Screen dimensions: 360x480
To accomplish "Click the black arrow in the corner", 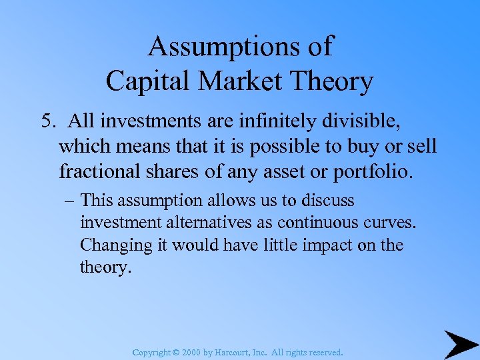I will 460,344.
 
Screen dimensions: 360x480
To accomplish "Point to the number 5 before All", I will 46,121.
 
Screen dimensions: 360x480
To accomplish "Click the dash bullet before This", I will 69,201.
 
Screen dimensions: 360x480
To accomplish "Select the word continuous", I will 333,223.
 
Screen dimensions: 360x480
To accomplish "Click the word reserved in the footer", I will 324,352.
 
